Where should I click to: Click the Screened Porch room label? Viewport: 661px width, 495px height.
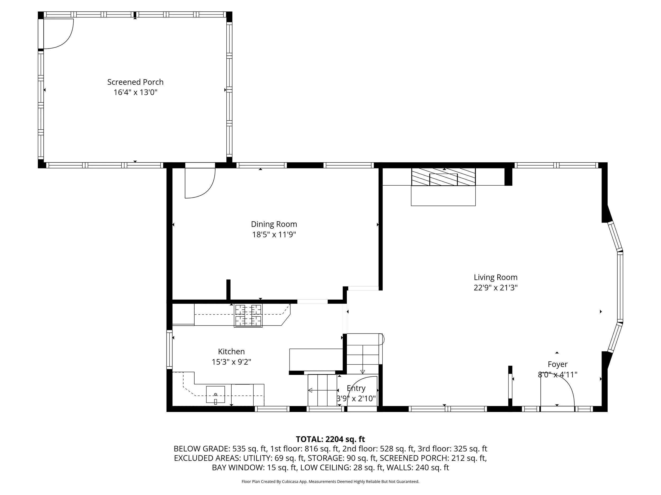point(135,82)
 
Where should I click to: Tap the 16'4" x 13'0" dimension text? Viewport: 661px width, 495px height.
point(135,92)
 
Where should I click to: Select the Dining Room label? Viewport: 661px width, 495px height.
point(274,224)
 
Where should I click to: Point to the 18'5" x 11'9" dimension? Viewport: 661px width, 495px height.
point(274,234)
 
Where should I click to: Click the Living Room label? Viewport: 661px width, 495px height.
point(495,277)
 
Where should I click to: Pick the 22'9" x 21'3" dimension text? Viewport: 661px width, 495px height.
point(495,288)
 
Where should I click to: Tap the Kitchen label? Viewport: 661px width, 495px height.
point(231,351)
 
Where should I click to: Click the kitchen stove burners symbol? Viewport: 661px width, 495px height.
point(248,315)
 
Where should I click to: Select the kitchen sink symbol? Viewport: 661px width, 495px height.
point(215,394)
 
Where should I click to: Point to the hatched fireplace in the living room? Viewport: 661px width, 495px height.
point(443,177)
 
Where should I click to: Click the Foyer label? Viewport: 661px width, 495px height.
point(558,364)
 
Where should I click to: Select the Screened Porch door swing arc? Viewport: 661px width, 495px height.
point(65,39)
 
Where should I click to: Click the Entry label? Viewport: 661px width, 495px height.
point(356,388)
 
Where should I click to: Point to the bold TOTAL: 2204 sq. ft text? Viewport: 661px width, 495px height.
point(330,439)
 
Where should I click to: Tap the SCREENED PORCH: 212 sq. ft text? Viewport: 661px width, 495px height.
point(433,458)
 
